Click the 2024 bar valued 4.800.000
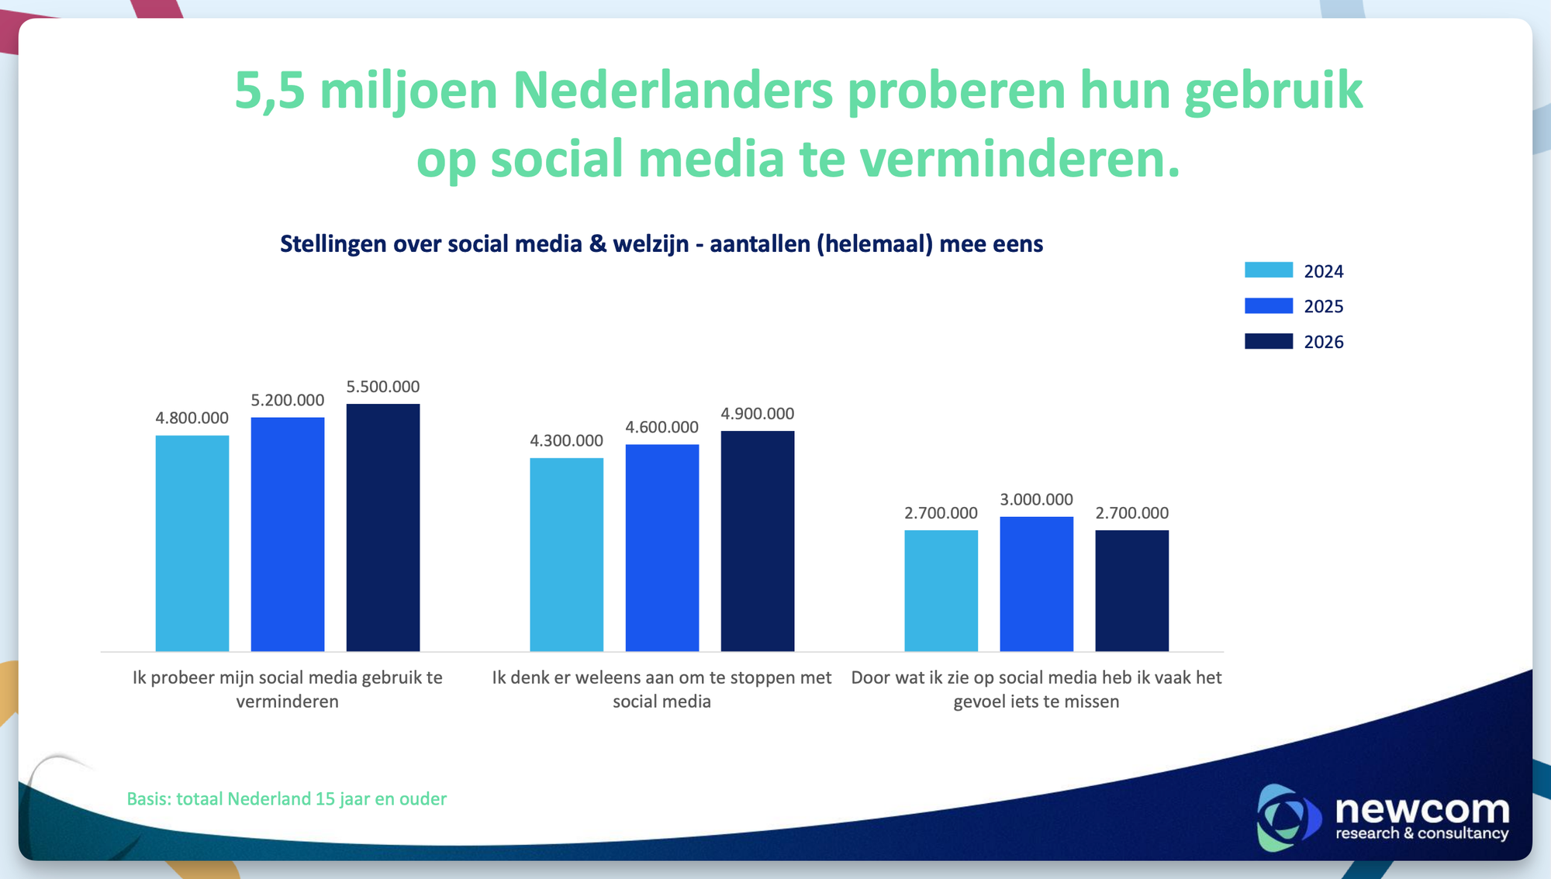192,543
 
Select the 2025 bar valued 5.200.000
288,534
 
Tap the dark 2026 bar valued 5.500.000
383,527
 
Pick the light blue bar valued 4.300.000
567,554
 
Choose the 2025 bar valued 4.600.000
662,548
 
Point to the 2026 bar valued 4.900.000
758,541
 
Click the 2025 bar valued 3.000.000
1037,584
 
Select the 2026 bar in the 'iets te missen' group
1132,591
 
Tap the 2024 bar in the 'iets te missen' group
941,591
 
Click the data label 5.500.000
383,387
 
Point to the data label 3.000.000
1037,500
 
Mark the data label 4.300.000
567,441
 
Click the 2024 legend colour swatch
1269,270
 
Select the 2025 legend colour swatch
1269,305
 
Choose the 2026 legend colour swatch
1269,341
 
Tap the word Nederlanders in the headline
672,91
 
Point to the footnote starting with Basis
287,799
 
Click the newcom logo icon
1288,818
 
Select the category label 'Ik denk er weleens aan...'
662,689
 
